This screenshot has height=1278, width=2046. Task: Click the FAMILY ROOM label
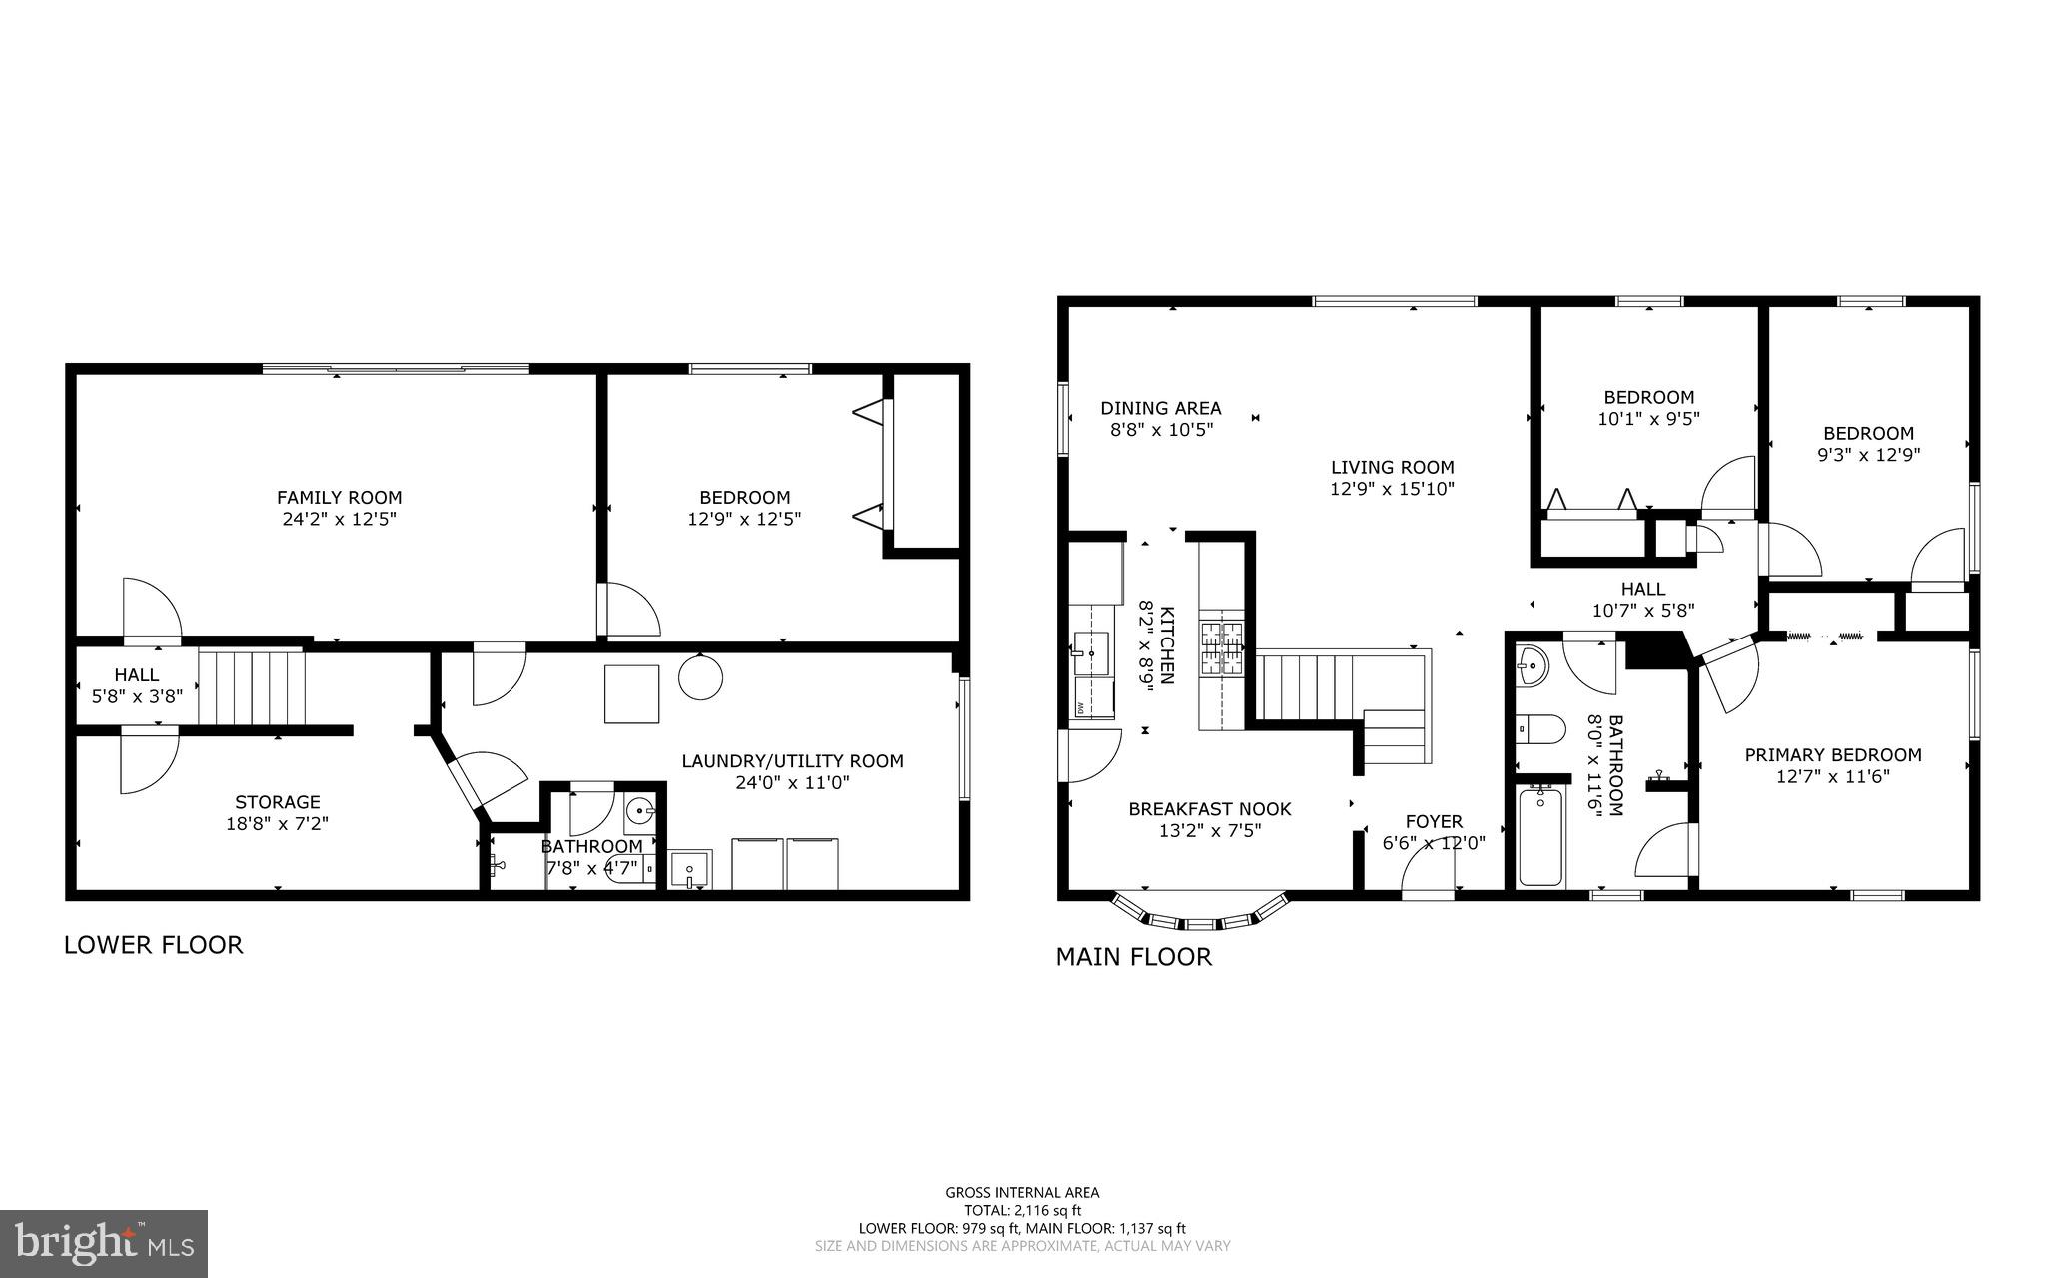[339, 497]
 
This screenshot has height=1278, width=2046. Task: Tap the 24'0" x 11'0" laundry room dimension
[792, 783]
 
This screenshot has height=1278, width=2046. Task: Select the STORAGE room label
[278, 802]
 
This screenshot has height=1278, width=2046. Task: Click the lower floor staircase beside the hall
[250, 687]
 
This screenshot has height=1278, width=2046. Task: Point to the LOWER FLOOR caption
[153, 945]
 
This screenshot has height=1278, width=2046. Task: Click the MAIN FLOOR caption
[1133, 957]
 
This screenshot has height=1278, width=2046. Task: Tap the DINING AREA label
[1160, 408]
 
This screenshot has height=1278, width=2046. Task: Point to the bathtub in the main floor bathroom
[1539, 837]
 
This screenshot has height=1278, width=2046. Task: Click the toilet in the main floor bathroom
[1539, 729]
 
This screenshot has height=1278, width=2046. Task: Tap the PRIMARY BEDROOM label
[1832, 755]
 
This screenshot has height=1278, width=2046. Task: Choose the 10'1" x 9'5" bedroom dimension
[1648, 419]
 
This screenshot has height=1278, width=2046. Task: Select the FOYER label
[1434, 822]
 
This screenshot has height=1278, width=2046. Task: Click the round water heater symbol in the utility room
[700, 677]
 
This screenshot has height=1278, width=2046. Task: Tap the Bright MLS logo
[104, 1243]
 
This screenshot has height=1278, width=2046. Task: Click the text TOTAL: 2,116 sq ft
[1022, 1210]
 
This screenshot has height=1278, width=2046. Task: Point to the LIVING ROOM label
[1392, 467]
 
